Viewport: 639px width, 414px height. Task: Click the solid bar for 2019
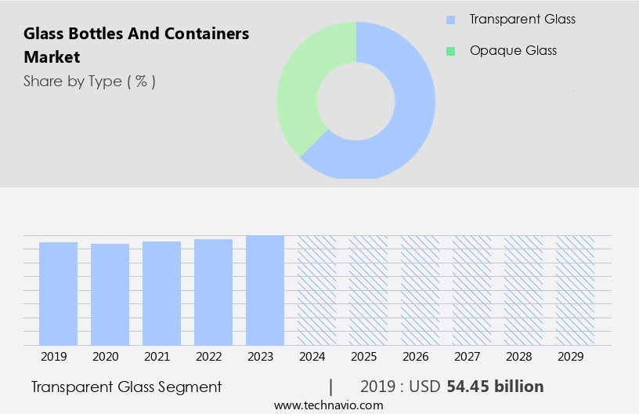58,293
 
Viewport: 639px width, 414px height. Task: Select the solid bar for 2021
161,293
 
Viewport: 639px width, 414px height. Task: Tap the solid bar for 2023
265,290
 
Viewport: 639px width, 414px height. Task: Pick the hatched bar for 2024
316,290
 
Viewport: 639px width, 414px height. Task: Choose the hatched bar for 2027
471,290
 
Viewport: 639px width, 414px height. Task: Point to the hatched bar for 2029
575,290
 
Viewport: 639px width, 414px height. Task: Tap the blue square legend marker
450,20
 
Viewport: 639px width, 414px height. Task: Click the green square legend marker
450,51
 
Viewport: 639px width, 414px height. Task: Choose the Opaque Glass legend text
513,51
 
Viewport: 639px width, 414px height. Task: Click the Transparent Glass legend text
522,19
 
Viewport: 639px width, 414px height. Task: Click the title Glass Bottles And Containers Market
136,45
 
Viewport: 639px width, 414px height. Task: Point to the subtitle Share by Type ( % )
89,82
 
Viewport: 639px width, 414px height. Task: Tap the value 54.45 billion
495,387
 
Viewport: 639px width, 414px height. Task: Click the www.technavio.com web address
328,405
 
